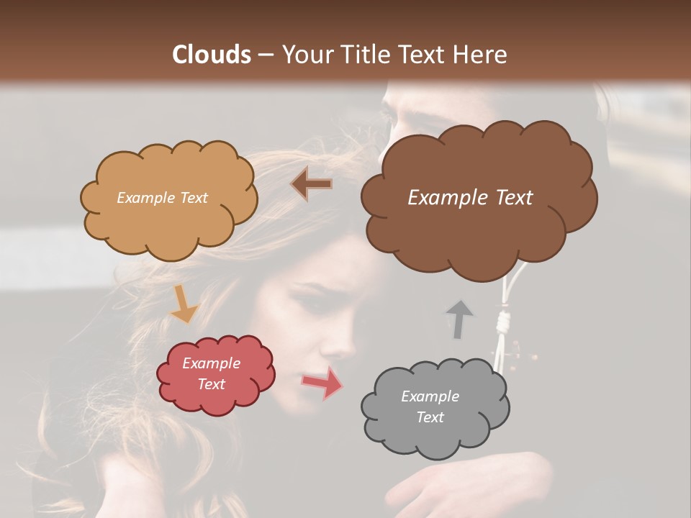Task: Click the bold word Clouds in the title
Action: pyautogui.click(x=212, y=55)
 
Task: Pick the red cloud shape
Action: pyautogui.click(x=216, y=399)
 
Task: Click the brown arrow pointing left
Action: pyautogui.click(x=312, y=184)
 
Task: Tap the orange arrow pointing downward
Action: pyautogui.click(x=184, y=305)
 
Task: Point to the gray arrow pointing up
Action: pyautogui.click(x=458, y=319)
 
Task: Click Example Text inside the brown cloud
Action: pyautogui.click(x=470, y=197)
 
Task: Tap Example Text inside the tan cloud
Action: pyautogui.click(x=162, y=197)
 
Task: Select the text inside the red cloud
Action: pyautogui.click(x=211, y=373)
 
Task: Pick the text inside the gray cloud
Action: pyautogui.click(x=430, y=406)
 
